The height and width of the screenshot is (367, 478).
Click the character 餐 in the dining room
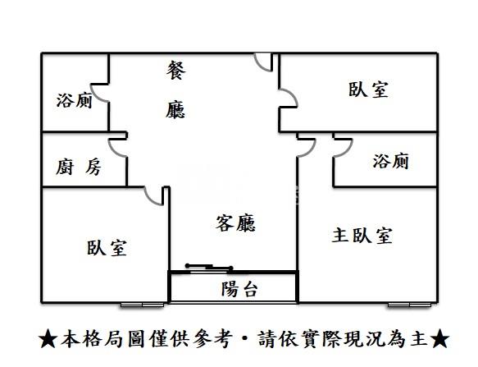coord(176,71)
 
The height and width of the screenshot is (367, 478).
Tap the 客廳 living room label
coord(235,223)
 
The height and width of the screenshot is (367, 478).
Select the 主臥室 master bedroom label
coord(362,236)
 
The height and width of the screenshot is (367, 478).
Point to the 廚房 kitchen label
coord(79,167)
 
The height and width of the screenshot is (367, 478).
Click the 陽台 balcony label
coord(239,289)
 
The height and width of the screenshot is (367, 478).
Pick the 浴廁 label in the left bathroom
coord(74,100)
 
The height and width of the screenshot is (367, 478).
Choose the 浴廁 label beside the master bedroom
coord(391,161)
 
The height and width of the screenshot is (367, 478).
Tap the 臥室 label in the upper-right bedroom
coord(369,89)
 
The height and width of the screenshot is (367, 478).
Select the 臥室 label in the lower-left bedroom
coord(107,248)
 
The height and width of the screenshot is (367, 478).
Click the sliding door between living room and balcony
coord(209,268)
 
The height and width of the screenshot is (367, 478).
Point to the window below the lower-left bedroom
coord(142,305)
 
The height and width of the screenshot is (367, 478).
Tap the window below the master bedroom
coord(409,305)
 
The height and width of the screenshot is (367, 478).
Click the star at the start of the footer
coord(48,339)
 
